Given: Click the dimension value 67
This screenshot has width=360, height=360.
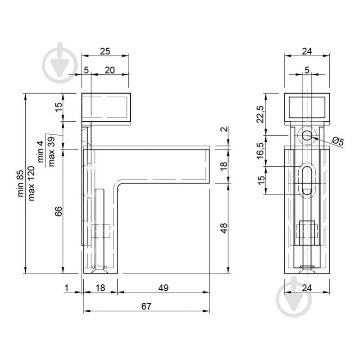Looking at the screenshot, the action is point(146,306).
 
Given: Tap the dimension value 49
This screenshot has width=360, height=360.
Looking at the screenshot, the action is point(164,287).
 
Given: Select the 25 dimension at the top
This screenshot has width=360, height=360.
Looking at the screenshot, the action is point(105,51).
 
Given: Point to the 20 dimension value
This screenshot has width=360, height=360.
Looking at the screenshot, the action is point(110,70).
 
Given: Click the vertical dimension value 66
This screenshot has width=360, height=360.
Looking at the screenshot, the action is point(59,211).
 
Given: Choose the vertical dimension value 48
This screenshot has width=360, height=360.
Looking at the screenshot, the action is point(223,228).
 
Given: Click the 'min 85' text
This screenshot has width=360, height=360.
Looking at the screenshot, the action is point(21,183).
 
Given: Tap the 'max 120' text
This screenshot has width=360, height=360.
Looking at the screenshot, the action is point(31,183).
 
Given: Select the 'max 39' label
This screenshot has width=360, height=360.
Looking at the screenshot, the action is point(51,151).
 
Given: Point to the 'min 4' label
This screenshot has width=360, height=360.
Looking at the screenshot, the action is point(41,152).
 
